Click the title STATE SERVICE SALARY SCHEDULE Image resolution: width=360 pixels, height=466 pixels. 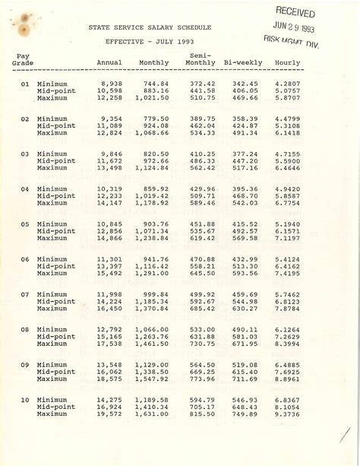tap(150, 27)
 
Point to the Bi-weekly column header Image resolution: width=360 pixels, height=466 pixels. tap(243, 62)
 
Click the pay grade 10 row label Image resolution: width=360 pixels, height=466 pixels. tap(25, 400)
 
